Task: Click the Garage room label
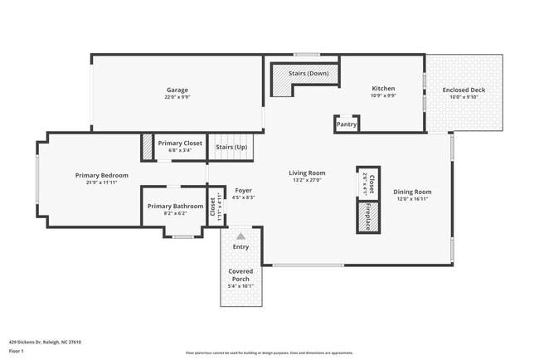point(177,90)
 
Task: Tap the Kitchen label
point(383,89)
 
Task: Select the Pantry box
point(347,124)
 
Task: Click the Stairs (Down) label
point(308,74)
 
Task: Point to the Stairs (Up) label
point(231,147)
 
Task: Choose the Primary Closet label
point(180,143)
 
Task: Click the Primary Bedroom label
point(102,175)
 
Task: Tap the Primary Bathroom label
point(175,206)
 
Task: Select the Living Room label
point(307,173)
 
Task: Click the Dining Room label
point(412,192)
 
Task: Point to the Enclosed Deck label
point(464,89)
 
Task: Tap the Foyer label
point(243,191)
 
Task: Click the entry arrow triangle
point(241,236)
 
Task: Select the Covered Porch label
point(240,275)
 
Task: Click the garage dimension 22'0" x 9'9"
point(177,96)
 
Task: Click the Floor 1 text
point(17,353)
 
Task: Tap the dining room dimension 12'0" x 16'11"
point(412,199)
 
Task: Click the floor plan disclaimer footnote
point(269,353)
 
